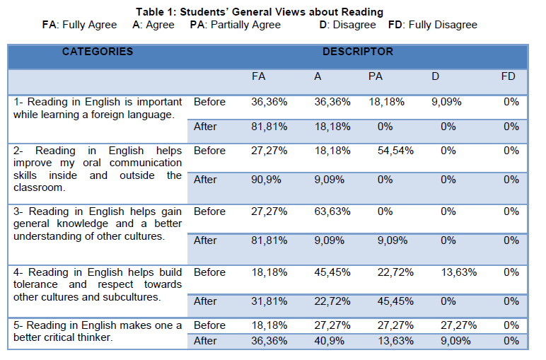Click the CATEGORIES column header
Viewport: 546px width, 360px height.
coord(97,52)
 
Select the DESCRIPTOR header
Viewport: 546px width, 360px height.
coord(357,52)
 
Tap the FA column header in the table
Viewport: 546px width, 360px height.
coord(258,76)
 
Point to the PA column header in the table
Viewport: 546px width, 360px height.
coord(376,76)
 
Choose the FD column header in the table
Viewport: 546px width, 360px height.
coord(508,76)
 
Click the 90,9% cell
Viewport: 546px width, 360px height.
coord(267,180)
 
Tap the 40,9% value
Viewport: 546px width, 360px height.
coord(329,340)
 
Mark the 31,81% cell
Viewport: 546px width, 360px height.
coord(269,301)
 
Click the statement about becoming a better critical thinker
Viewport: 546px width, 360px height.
coord(98,332)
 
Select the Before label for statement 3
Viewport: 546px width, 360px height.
coord(209,211)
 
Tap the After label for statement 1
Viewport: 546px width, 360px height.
coord(205,127)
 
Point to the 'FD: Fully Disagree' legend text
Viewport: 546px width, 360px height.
coord(433,25)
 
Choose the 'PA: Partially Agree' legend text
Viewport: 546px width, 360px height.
coord(235,25)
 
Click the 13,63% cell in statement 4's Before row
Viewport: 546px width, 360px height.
coord(458,272)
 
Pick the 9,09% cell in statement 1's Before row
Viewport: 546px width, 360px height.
coord(446,102)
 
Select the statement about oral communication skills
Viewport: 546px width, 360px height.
coord(98,169)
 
